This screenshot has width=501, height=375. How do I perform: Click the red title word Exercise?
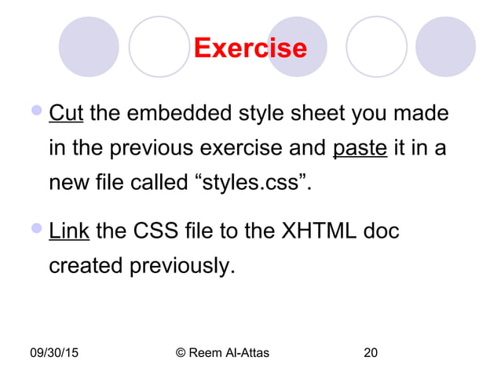250,48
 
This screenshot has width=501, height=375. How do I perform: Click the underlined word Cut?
67,115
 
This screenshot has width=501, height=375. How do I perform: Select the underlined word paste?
360,148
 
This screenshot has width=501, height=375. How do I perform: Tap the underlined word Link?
69,232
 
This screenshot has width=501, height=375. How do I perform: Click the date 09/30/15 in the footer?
57,353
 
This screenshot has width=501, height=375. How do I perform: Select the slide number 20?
371,353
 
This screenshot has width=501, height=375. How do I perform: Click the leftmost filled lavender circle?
89,47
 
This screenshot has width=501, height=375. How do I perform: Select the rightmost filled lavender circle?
445,47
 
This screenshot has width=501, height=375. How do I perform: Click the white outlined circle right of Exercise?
376,47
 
